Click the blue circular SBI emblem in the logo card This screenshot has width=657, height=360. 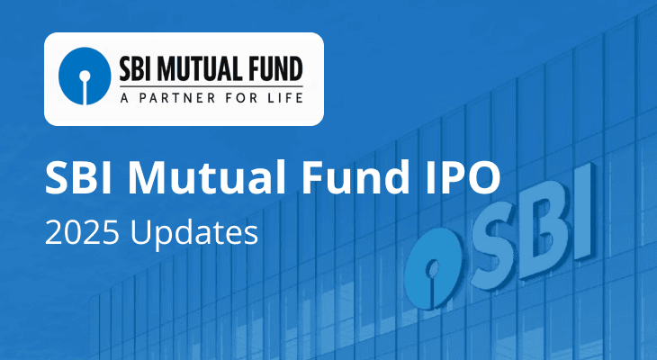coord(85,78)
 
